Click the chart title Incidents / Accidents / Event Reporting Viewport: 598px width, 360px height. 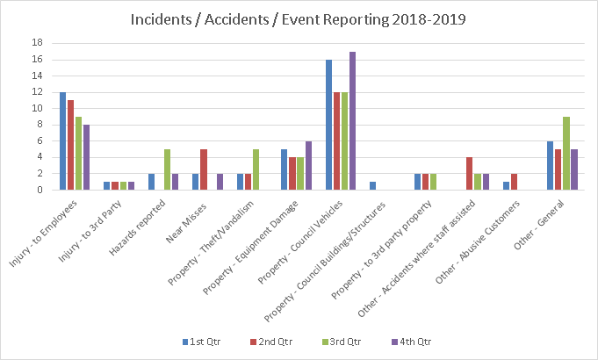point(299,19)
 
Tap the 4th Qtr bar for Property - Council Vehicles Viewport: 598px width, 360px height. point(353,120)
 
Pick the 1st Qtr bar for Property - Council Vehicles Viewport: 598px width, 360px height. point(329,125)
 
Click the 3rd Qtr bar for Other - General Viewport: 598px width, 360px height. point(566,154)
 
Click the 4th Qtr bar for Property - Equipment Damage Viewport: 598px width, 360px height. point(308,165)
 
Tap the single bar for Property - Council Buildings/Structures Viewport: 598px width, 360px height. point(372,186)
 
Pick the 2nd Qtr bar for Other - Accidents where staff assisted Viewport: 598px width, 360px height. point(470,174)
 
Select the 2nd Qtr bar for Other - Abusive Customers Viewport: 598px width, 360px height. point(514,182)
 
